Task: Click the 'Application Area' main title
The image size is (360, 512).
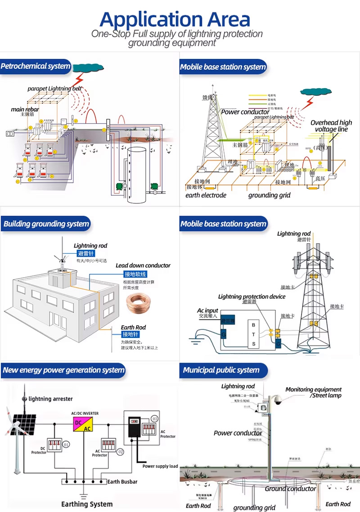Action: (x=175, y=19)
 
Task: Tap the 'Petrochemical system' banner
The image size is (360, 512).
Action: (x=36, y=67)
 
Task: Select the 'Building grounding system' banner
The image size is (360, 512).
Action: (x=45, y=224)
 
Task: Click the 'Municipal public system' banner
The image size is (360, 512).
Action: (x=221, y=370)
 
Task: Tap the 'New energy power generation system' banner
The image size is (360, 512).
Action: (x=63, y=370)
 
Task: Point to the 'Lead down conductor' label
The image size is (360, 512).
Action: (x=143, y=265)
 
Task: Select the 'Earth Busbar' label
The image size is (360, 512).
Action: (x=122, y=482)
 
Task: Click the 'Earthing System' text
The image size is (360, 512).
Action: (x=87, y=504)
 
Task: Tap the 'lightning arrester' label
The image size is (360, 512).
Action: (x=50, y=399)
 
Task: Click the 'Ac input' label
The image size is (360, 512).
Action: (x=207, y=310)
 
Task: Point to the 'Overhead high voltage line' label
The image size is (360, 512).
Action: (x=331, y=126)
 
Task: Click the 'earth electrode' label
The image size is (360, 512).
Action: (x=206, y=195)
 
